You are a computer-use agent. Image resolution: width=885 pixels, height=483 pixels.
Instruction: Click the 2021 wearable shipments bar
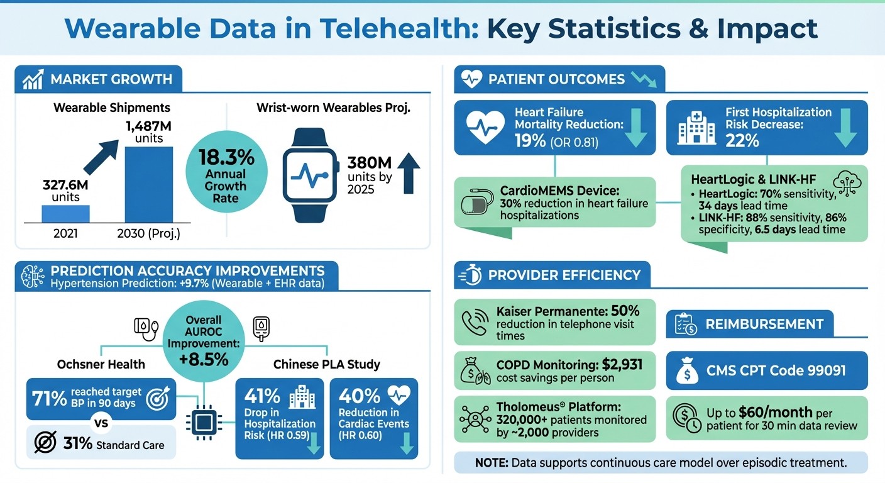tap(65, 214)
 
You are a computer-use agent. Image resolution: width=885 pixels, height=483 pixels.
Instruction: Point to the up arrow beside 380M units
tap(409, 174)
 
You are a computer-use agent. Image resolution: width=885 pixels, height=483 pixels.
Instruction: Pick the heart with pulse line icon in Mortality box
tap(486, 128)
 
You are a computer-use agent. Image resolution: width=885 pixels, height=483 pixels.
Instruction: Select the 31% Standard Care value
tap(78, 444)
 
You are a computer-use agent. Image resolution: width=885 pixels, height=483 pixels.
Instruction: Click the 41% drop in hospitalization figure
tap(262, 396)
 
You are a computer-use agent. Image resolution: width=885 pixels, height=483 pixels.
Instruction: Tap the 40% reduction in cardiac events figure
tap(359, 396)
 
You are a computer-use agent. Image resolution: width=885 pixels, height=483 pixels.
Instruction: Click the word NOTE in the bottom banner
tap(492, 463)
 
